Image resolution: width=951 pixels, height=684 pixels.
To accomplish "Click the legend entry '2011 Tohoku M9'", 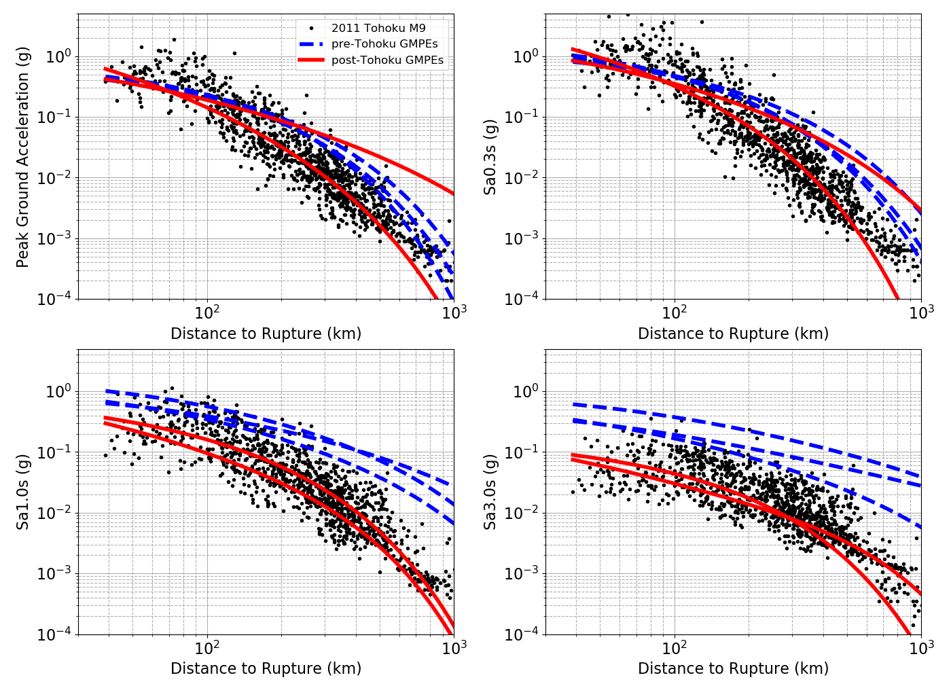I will [378, 28].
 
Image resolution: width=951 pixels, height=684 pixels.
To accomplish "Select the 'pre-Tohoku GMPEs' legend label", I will [384, 43].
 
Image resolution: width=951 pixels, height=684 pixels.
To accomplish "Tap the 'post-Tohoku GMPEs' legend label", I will [387, 60].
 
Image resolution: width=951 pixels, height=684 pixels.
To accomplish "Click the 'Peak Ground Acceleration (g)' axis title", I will [22, 157].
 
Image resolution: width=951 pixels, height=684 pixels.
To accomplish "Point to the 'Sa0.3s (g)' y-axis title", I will [490, 157].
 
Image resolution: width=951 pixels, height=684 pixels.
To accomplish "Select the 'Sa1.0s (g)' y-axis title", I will [22, 492].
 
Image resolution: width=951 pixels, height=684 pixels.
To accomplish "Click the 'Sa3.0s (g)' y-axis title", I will [490, 492].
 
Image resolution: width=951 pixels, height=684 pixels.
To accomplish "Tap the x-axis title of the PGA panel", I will [266, 334].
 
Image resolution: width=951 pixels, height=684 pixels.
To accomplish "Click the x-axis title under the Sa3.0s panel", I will [733, 668].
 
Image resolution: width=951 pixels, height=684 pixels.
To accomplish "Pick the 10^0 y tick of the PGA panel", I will [58, 56].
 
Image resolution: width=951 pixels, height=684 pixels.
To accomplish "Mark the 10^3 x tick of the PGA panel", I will [454, 312].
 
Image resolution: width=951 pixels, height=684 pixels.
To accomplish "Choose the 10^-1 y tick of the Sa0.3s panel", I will [522, 117].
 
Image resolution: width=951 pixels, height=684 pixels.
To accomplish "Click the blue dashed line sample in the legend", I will [311, 43].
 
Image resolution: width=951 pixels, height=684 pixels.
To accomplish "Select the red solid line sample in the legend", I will [311, 60].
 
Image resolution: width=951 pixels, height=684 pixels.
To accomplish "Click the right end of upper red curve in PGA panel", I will [453, 194].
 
